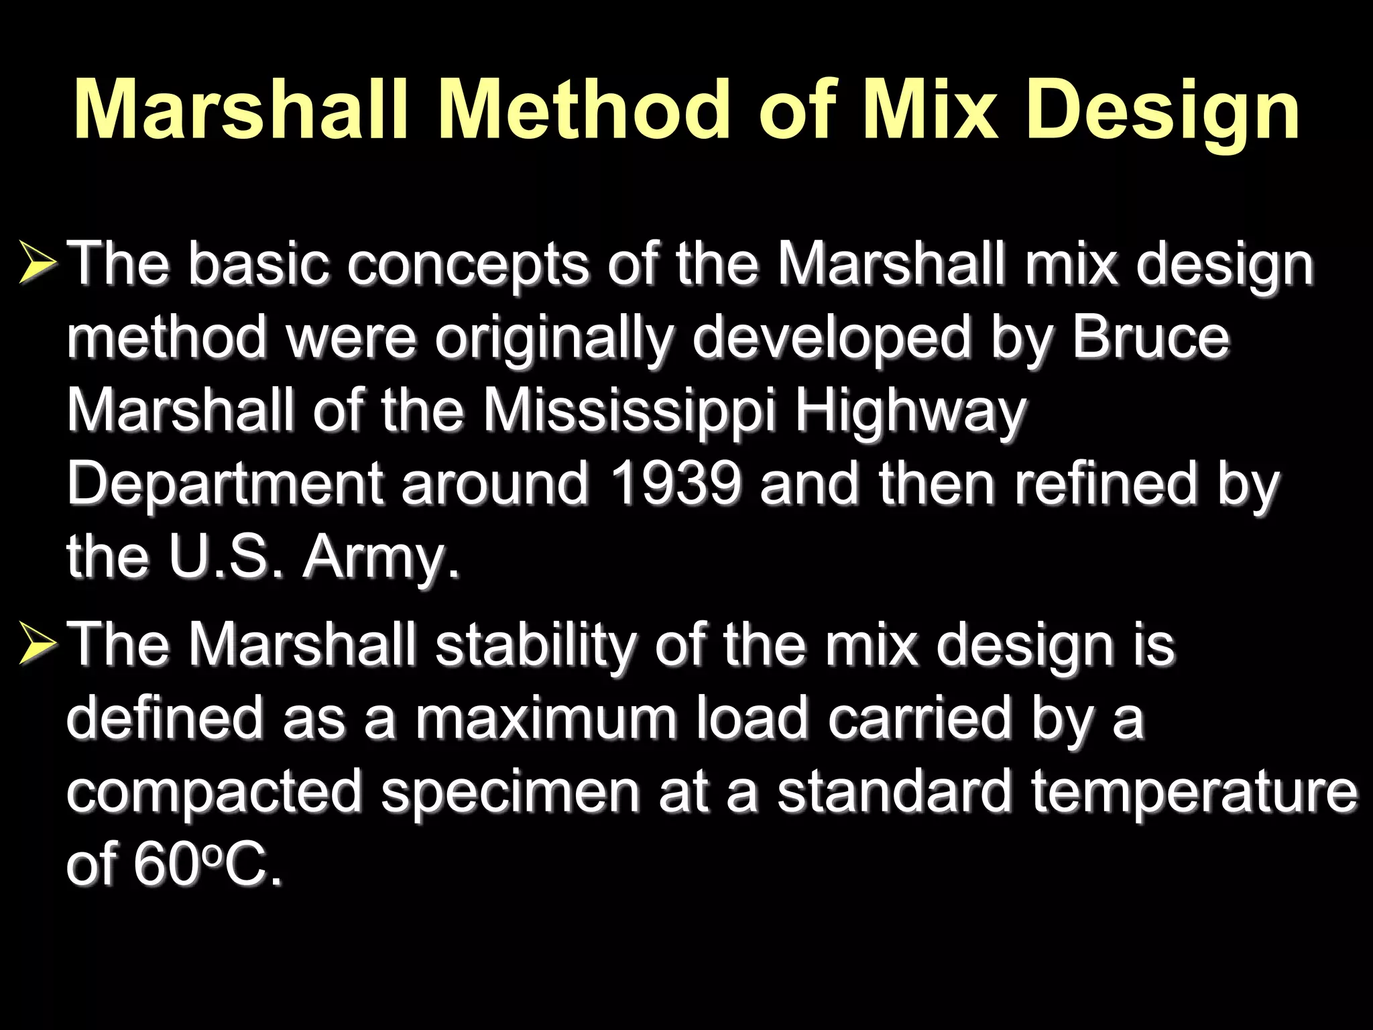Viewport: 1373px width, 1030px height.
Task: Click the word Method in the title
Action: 583,109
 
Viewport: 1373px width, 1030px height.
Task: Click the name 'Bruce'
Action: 1150,337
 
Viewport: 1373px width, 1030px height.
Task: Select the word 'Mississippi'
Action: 629,411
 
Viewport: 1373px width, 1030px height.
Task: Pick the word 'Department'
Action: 225,485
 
